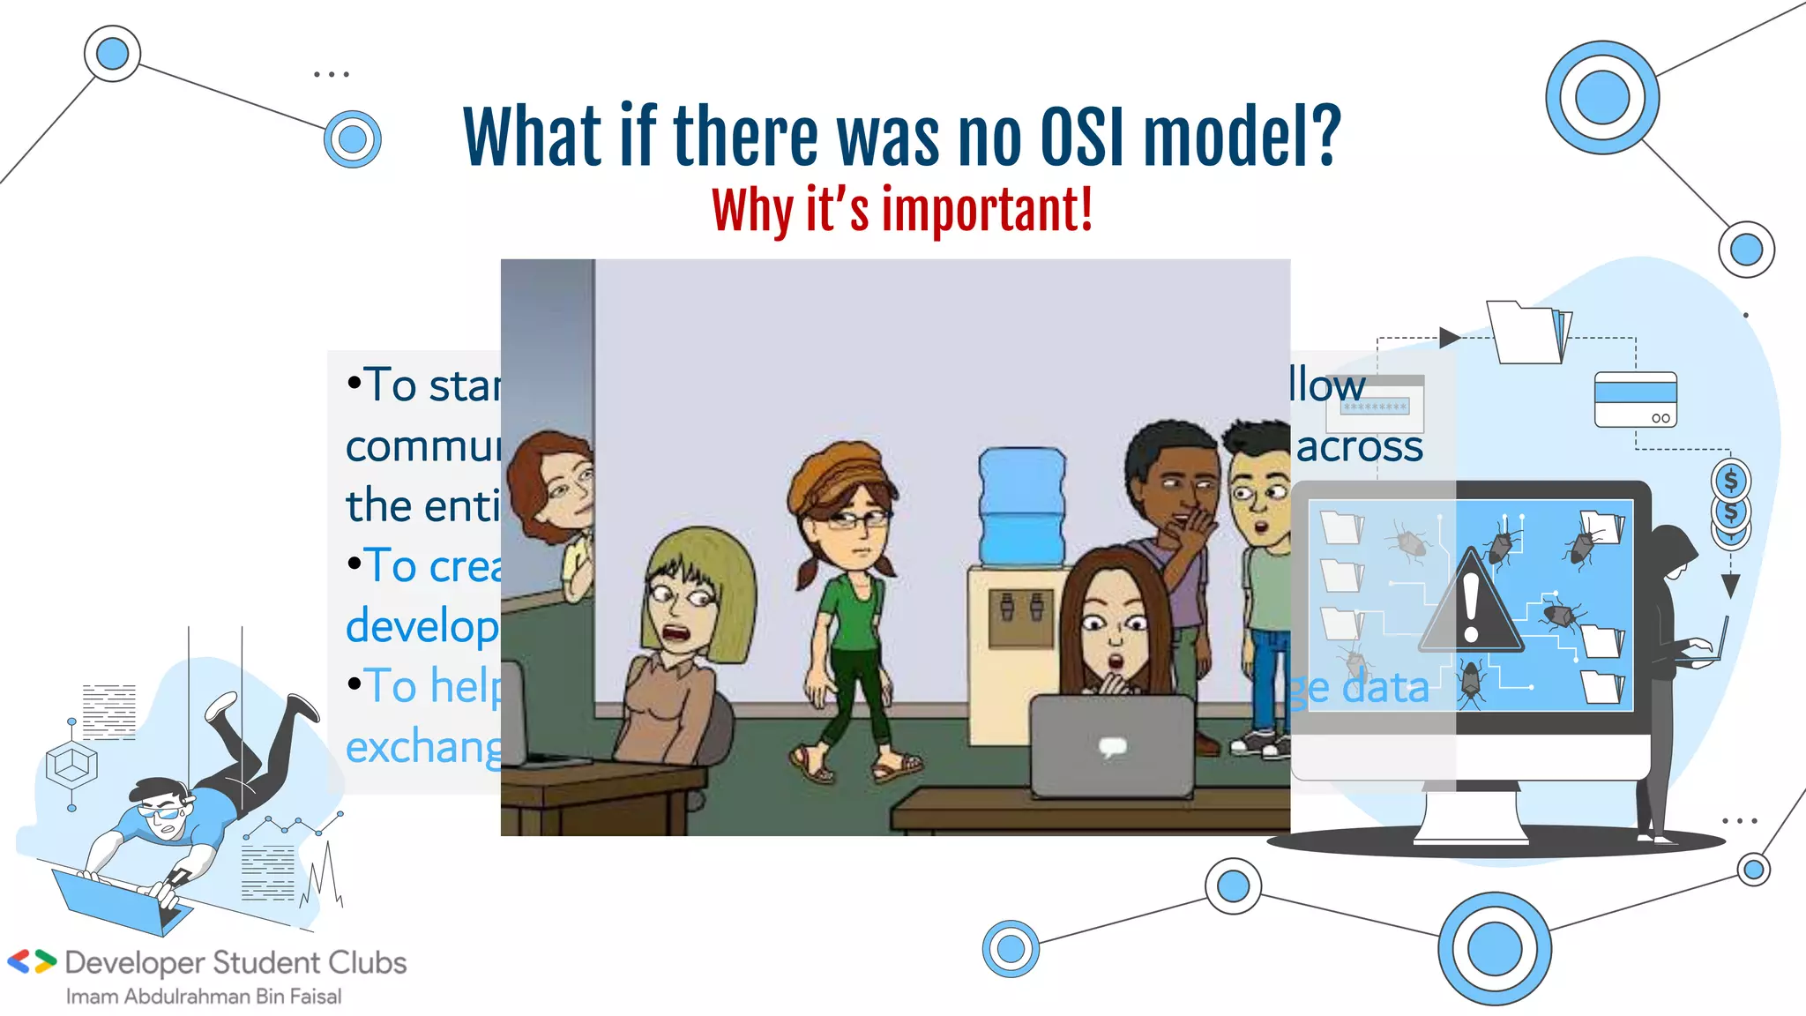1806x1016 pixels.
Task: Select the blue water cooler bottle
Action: click(1021, 504)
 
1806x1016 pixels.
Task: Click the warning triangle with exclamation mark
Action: click(1470, 605)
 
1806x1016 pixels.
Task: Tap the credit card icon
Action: click(1635, 400)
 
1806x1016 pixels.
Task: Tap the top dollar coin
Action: click(1730, 481)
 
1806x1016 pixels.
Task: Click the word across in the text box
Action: click(1359, 446)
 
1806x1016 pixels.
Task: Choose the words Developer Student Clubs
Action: click(235, 962)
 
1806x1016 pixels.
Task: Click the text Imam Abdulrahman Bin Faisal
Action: click(204, 997)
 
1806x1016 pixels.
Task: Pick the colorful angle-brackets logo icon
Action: click(32, 961)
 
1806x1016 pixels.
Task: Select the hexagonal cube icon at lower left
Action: click(71, 764)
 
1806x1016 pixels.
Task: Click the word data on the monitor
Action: click(1384, 688)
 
